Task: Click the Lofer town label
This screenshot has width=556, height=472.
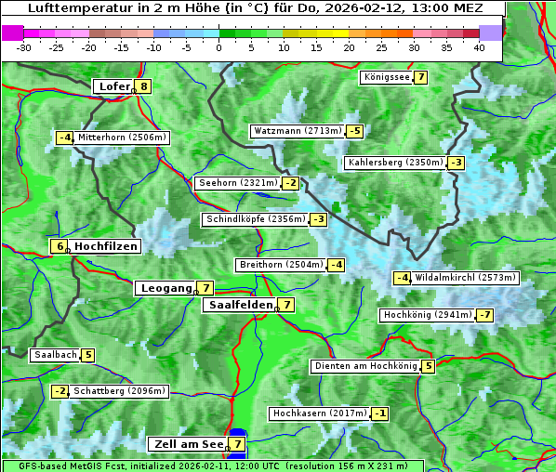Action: tap(113, 86)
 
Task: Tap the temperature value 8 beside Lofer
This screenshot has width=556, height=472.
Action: tap(143, 86)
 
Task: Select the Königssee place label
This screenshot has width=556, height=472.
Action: tap(387, 77)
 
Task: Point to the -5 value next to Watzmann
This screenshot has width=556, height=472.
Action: tap(354, 131)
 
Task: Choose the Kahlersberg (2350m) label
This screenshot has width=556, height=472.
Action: tap(395, 163)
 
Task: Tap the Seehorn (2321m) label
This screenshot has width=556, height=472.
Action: tap(238, 183)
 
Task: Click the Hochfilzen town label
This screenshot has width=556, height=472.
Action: tap(106, 246)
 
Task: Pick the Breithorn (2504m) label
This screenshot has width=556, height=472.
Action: tap(281, 265)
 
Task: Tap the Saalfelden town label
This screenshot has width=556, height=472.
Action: tap(241, 304)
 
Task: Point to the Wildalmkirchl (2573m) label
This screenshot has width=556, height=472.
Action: tap(465, 278)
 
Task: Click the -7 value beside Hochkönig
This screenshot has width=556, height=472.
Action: tap(485, 315)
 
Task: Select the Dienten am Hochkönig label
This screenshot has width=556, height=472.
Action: tap(364, 366)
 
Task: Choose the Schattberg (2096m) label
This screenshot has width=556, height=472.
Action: tap(119, 391)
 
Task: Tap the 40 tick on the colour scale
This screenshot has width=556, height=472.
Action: tap(479, 46)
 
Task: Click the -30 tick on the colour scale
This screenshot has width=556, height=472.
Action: tap(23, 46)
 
